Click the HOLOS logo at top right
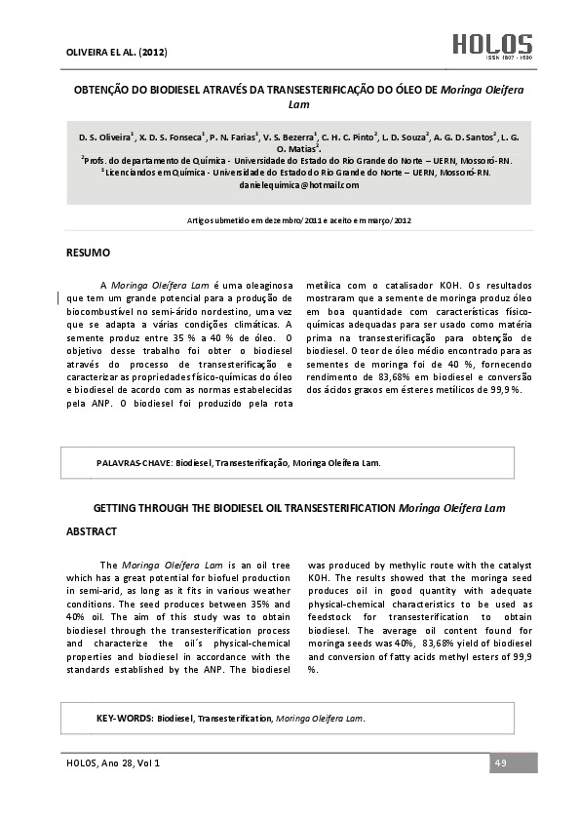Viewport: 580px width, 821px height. coord(491,44)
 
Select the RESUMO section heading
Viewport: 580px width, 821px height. coord(89,253)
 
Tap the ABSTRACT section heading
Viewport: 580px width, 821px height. coord(91,531)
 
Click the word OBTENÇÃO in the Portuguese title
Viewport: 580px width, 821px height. coord(103,88)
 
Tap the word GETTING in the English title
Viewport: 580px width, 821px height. coord(123,508)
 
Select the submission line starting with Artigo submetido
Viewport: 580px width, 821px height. coord(298,221)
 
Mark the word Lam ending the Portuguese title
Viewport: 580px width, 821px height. coord(298,102)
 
